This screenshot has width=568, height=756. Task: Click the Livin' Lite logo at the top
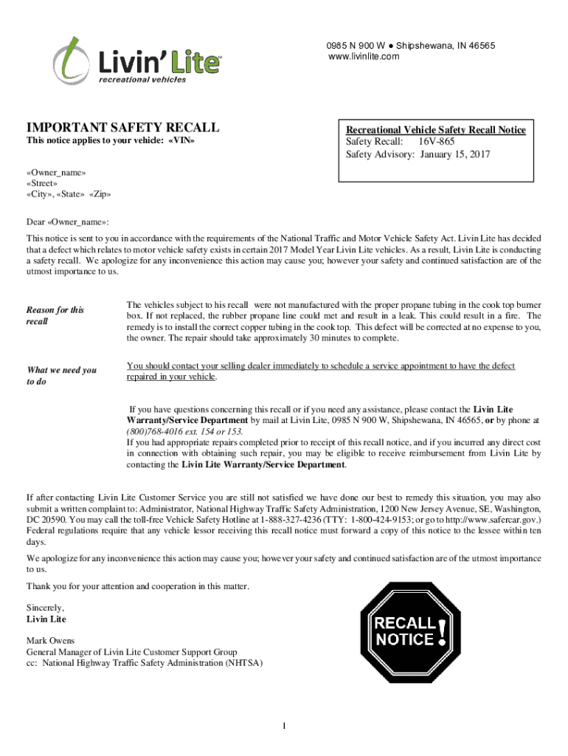(x=136, y=59)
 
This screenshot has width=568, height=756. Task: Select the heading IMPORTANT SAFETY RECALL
(x=122, y=128)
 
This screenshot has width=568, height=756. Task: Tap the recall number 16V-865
(x=437, y=142)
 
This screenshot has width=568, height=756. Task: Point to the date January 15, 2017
(x=455, y=154)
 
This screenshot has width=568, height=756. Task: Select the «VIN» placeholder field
(x=181, y=140)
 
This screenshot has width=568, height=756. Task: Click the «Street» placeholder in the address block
(x=43, y=183)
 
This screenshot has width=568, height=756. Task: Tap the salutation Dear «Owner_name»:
(x=68, y=221)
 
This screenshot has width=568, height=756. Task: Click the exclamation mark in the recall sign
(x=441, y=632)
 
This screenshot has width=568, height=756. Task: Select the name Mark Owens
(x=50, y=641)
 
